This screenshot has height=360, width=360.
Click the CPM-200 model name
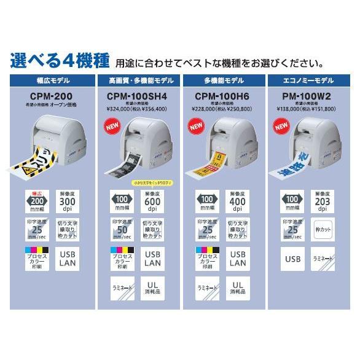[x=50, y=96]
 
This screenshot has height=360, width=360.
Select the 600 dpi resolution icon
[x=154, y=200]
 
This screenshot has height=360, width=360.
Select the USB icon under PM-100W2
[x=292, y=258]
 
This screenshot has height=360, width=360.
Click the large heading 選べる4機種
[x=60, y=61]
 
